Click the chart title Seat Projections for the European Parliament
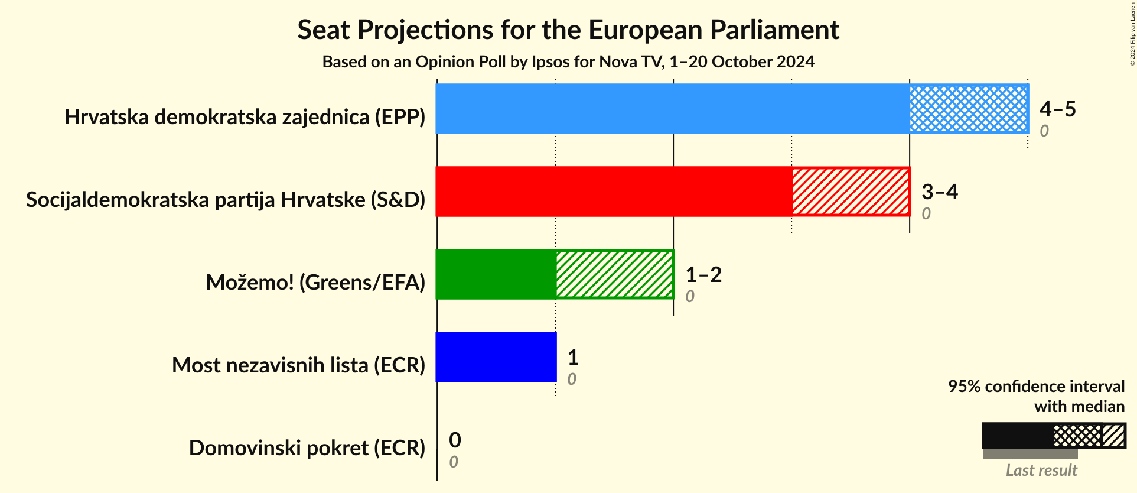[568, 30]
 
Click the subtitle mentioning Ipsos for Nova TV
[568, 62]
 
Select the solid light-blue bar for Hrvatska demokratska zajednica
[672, 109]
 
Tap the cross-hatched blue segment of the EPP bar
[969, 109]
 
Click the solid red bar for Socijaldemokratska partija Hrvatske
[613, 192]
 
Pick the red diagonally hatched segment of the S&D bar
[851, 192]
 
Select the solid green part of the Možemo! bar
[496, 274]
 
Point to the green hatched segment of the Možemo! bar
[614, 274]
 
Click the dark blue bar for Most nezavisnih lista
[496, 357]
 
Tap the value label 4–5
[1057, 109]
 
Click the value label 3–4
[939, 192]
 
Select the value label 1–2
[703, 274]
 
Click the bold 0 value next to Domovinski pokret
[455, 440]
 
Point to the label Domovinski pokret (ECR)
[307, 448]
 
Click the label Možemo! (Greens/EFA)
[315, 283]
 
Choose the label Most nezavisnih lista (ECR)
[298, 365]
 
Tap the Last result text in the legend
[1041, 471]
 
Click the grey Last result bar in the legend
[1030, 454]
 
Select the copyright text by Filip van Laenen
[1132, 34]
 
